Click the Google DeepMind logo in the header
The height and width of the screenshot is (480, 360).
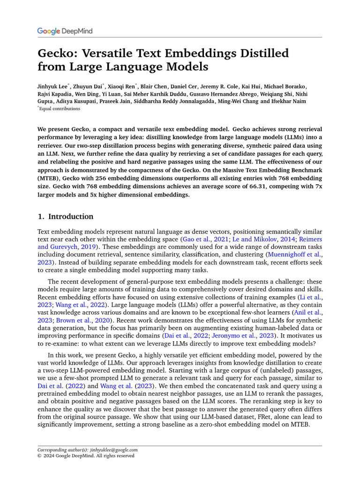pos(65,31)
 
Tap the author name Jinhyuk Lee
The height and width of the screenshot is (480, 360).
pos(53,87)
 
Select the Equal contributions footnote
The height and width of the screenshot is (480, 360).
pos(60,109)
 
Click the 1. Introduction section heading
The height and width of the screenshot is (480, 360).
pos(66,217)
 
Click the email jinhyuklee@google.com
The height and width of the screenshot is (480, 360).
pos(114,450)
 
